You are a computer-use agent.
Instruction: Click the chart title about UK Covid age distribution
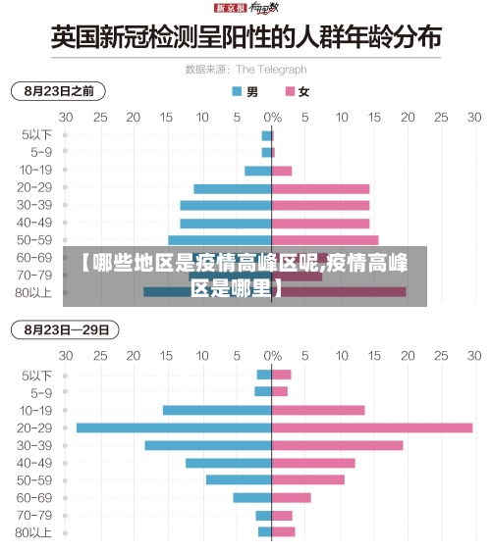point(245,40)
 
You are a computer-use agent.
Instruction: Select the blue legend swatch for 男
point(236,92)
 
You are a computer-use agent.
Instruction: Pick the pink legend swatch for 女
point(290,92)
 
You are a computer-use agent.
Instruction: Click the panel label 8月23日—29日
point(64,328)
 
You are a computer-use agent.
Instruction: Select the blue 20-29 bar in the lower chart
point(174,427)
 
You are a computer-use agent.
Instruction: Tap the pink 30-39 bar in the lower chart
point(337,445)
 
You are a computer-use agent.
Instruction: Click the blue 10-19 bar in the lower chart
point(217,410)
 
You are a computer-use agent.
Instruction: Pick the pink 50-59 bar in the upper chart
point(325,239)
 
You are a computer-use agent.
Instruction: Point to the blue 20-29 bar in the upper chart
point(233,188)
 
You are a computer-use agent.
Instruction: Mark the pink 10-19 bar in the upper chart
point(282,171)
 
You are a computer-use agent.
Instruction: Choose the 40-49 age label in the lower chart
point(34,463)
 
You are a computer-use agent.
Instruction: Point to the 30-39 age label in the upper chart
point(34,205)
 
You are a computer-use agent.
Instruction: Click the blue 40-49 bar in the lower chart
point(228,463)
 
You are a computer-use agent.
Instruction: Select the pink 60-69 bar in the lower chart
point(291,497)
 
